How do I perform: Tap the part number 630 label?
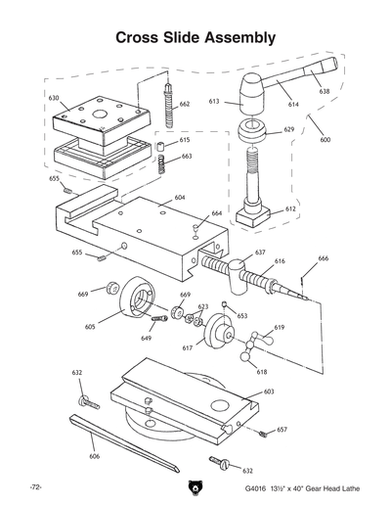click(54, 98)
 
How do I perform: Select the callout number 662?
click(184, 103)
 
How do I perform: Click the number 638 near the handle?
click(325, 91)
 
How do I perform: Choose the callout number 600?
click(325, 139)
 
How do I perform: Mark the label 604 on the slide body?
click(180, 198)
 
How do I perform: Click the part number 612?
click(290, 208)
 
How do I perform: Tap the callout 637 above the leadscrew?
click(261, 252)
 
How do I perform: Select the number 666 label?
click(324, 258)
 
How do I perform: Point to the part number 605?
click(90, 327)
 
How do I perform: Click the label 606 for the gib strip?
click(94, 455)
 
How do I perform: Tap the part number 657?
click(282, 429)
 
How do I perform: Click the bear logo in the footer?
click(195, 486)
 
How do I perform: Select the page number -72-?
click(35, 486)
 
